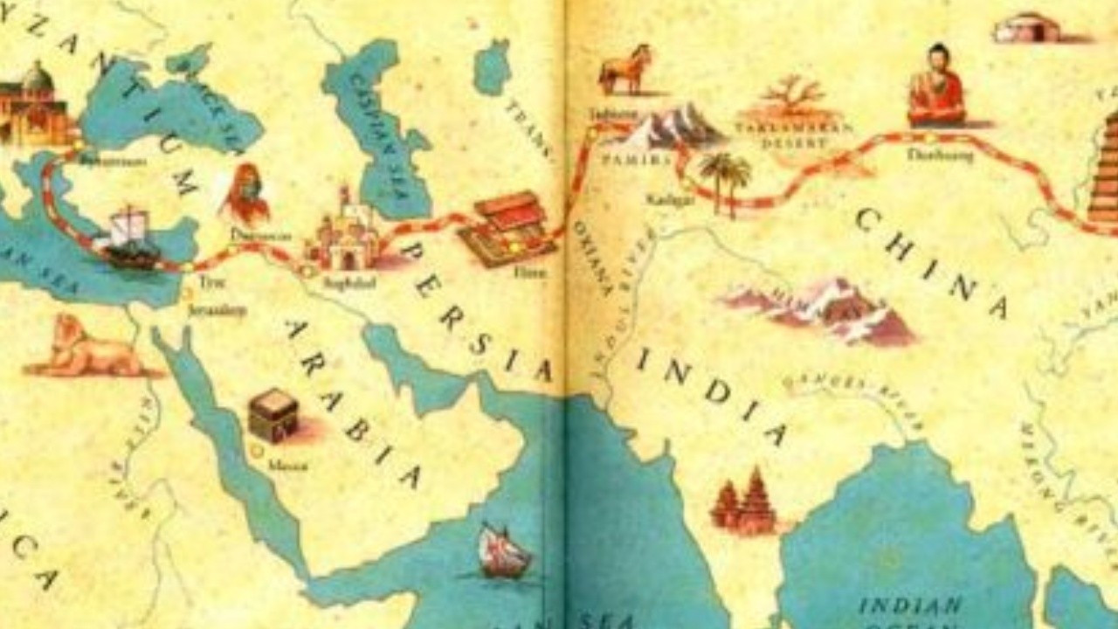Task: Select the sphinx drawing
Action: [x=83, y=348]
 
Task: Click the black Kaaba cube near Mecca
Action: [x=273, y=415]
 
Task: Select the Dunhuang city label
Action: [x=927, y=156]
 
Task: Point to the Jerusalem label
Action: [x=217, y=310]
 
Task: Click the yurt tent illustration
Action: [x=1027, y=28]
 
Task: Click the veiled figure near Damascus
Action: [x=247, y=194]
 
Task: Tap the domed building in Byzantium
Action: [x=33, y=105]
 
